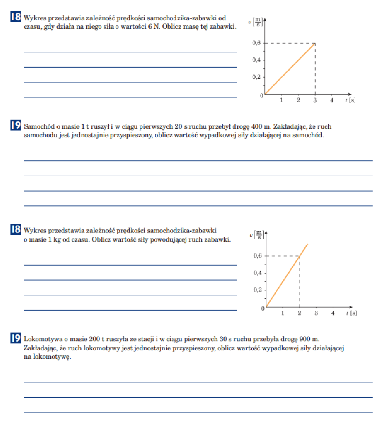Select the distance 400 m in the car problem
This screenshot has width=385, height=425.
point(262,127)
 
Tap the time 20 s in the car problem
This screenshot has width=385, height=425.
point(177,127)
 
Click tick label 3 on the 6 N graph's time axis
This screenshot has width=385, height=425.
point(315,100)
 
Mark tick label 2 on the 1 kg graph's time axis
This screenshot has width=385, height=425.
point(299,313)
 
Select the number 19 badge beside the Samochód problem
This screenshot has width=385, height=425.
point(15,125)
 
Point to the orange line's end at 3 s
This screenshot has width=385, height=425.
point(315,43)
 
